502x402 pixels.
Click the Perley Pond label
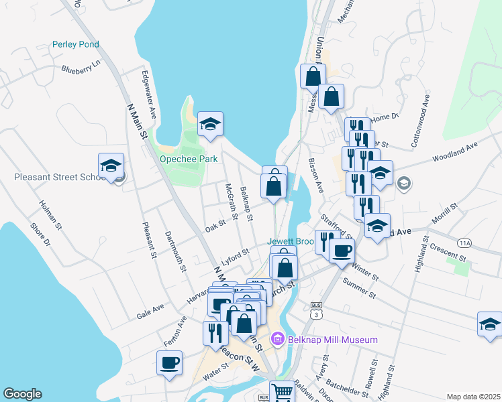pos(76,45)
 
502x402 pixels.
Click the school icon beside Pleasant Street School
pos(111,165)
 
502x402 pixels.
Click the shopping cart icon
pos(282,392)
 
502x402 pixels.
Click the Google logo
pos(22,394)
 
